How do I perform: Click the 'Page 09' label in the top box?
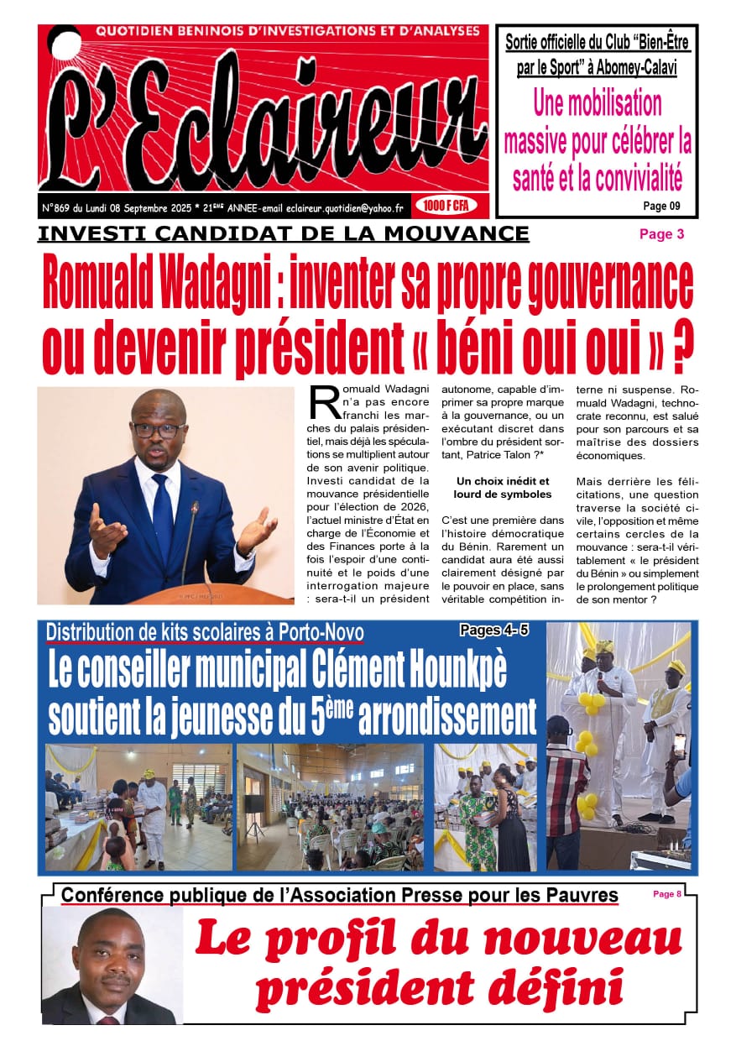(661, 205)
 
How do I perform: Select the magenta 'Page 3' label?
(661, 234)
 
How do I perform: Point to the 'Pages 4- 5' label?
(494, 630)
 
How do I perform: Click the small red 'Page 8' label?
(667, 894)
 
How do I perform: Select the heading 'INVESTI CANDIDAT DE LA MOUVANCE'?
(284, 233)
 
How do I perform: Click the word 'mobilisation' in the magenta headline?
(598, 103)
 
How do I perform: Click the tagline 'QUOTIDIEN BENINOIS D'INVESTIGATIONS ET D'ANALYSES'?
(288, 31)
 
